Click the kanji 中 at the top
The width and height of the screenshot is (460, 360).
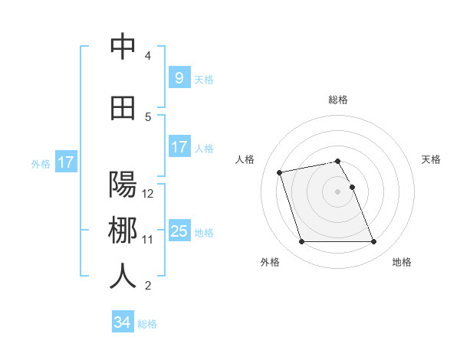tap(123, 47)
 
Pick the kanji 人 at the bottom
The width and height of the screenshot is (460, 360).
tap(123, 277)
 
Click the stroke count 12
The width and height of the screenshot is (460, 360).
tap(148, 194)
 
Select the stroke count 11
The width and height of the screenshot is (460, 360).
tap(148, 240)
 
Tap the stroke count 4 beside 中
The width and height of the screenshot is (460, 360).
tap(148, 56)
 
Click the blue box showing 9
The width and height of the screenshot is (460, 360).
tap(179, 77)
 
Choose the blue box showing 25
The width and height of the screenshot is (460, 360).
tap(179, 231)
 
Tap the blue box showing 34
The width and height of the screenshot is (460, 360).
tap(122, 322)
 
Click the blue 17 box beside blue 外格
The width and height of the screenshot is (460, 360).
tap(65, 162)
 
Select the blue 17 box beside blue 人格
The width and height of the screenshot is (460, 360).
tap(179, 146)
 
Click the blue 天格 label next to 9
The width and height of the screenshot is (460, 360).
tap(204, 79)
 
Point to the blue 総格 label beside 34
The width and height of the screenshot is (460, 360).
tap(147, 324)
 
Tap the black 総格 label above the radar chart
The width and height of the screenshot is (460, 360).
tap(338, 100)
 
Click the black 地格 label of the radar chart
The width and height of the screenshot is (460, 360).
tap(402, 263)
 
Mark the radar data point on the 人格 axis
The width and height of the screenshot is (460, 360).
tap(280, 172)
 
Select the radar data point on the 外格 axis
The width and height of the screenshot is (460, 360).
tap(301, 242)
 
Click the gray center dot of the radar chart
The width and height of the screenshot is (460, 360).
tap(338, 191)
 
